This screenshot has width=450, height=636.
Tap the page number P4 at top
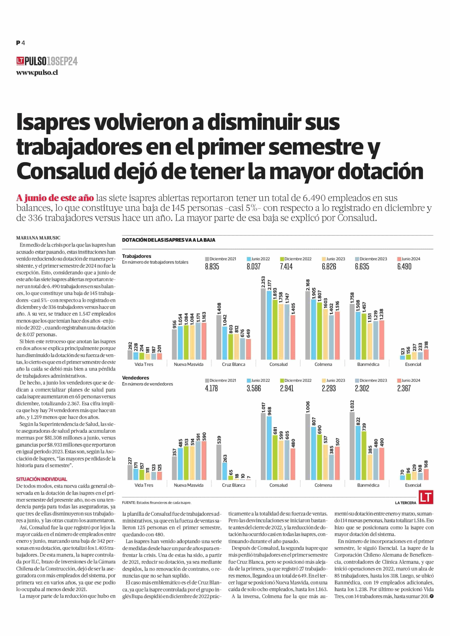(21, 43)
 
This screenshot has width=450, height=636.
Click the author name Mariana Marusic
(38, 238)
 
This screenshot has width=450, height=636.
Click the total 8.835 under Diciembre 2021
(212, 267)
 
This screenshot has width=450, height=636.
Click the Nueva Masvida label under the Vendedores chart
(189, 485)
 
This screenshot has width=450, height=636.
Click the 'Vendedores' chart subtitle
(135, 378)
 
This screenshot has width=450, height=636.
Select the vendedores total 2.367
(404, 388)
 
